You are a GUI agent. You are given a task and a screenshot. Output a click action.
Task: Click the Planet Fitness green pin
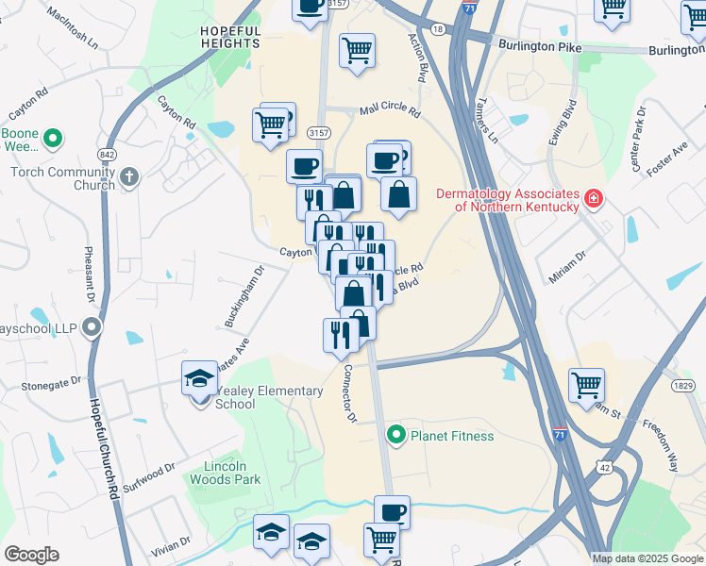pos(396,435)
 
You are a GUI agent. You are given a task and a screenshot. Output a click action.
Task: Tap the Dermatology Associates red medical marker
pos(593,199)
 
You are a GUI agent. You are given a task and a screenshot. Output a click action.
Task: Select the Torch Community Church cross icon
pos(128,176)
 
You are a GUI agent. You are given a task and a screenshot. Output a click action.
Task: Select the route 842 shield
pos(105,154)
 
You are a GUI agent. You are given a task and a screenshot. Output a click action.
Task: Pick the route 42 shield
pos(602,465)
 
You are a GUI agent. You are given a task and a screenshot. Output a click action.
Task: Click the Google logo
pos(31,555)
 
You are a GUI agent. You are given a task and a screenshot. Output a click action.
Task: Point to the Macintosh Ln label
pos(71,30)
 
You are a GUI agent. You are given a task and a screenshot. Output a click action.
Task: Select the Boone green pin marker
pos(53,139)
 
